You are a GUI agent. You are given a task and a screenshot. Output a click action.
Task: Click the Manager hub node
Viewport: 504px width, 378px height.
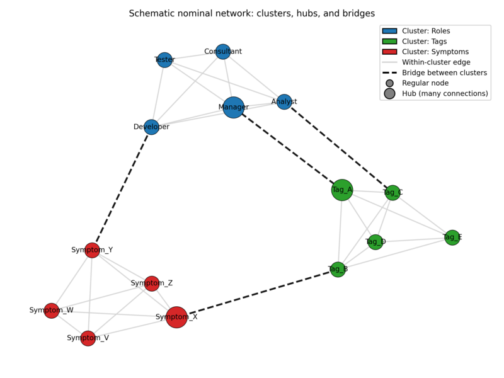234,107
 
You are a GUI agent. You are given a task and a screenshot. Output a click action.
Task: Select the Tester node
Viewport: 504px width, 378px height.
164,60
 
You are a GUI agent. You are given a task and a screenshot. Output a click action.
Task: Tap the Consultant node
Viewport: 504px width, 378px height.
223,52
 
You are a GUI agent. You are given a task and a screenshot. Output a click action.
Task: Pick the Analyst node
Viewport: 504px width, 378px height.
284,101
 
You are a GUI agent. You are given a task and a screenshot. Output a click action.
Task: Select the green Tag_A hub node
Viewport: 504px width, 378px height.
342,190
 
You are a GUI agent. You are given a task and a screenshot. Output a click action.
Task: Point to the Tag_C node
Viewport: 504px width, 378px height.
392,193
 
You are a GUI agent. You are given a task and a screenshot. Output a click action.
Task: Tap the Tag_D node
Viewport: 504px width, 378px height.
375,242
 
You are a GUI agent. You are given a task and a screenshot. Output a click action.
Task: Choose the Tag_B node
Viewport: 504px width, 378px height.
338,270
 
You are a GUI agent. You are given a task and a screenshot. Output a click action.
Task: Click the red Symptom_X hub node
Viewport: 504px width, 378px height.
176,317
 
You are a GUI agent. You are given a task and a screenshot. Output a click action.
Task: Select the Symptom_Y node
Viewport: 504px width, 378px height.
92,250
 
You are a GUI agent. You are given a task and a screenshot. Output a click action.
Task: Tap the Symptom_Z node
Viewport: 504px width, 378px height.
152,283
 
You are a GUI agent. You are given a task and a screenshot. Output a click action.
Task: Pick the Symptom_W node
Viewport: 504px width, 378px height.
52,311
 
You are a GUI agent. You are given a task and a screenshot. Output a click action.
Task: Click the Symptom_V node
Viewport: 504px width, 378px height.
88,338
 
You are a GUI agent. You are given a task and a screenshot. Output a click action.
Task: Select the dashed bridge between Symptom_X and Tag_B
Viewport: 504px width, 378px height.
258,293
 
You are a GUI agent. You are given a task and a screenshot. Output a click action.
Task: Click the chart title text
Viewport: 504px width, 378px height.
252,13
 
